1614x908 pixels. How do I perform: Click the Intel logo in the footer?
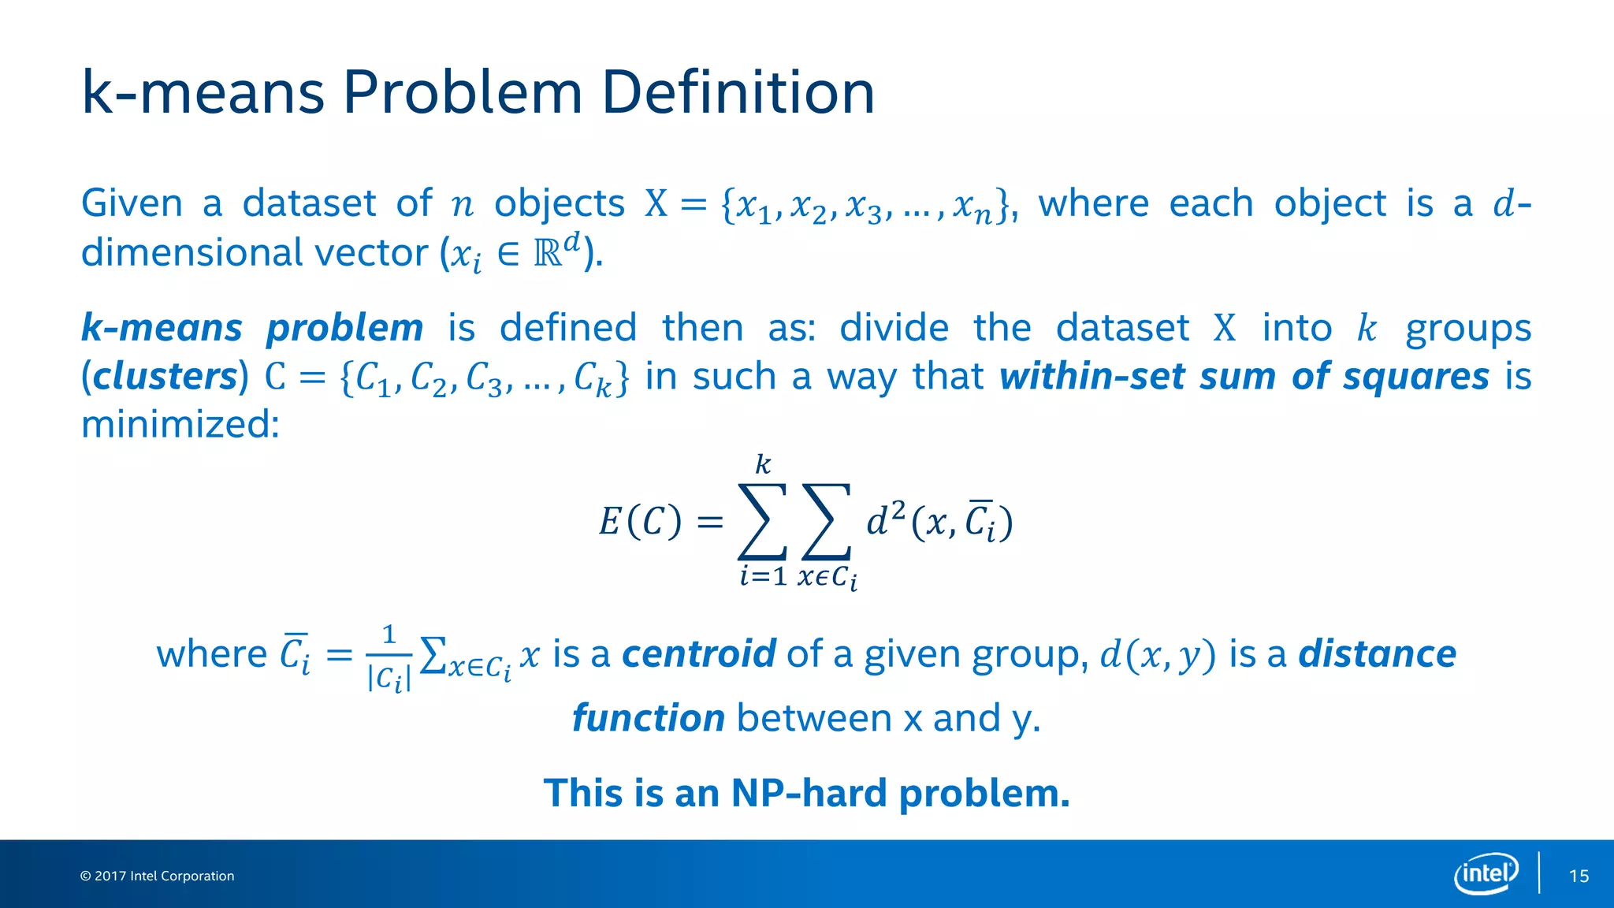tap(1486, 873)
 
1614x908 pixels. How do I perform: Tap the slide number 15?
tap(1579, 876)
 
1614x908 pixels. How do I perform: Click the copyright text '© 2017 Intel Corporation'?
tap(158, 876)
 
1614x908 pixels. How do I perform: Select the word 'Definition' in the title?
tap(738, 92)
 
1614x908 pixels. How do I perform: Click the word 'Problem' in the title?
tap(462, 92)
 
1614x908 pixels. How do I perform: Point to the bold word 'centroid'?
tap(698, 654)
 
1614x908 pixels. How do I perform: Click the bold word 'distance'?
tap(1377, 654)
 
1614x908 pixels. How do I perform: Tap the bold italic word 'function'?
tap(648, 718)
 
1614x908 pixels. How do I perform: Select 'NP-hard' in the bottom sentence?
tap(809, 793)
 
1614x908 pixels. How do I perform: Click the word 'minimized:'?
tap(180, 425)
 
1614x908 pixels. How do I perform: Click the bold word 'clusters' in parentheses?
tap(165, 377)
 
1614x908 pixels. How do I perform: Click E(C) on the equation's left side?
tap(639, 522)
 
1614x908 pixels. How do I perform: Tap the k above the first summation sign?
tap(762, 464)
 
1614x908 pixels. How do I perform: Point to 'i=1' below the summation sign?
tap(762, 576)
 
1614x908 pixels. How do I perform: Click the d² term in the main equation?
tap(886, 520)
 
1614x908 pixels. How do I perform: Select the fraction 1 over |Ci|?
tap(389, 657)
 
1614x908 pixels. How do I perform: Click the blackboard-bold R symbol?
tap(549, 254)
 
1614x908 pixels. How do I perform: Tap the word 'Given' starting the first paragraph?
tap(132, 203)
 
